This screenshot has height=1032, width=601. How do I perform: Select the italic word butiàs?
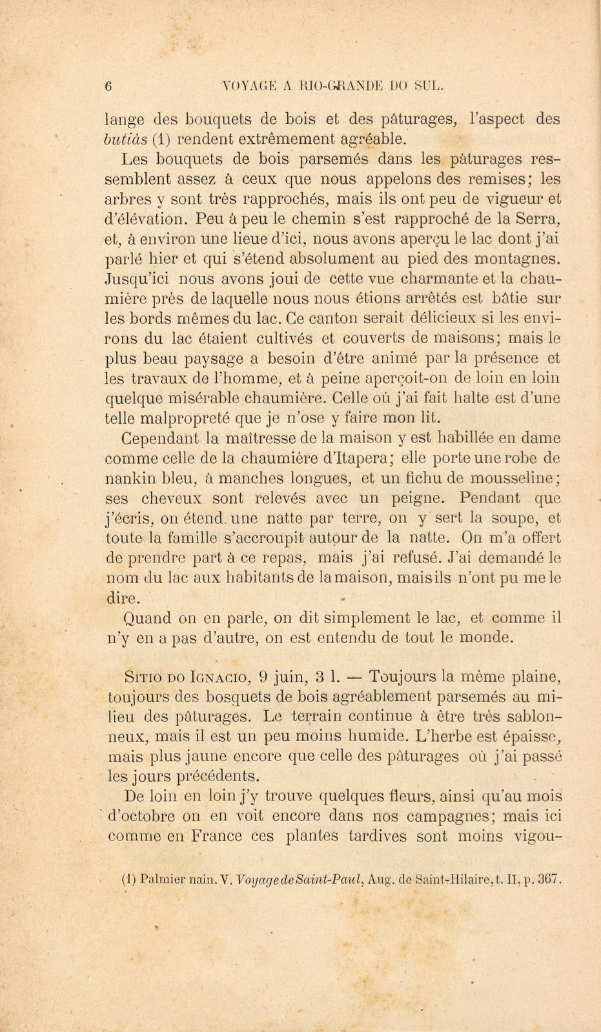tap(126, 139)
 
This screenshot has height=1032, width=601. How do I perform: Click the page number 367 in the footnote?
tap(551, 878)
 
